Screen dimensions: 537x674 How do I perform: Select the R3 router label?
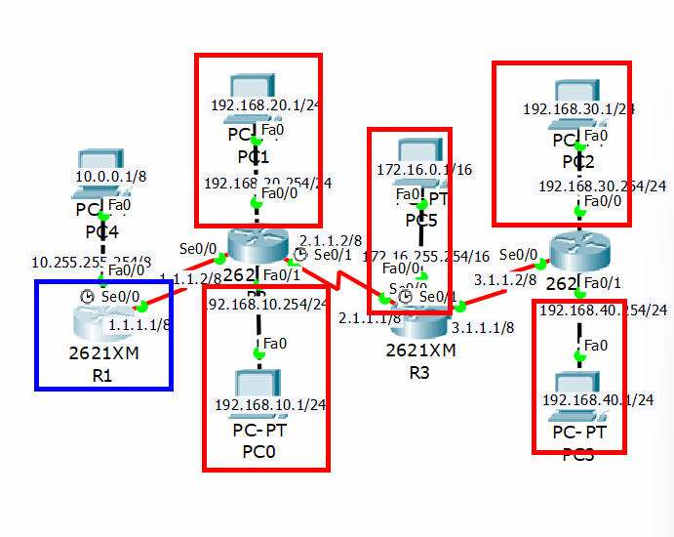(x=419, y=372)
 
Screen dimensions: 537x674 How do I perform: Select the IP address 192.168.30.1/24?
(x=578, y=109)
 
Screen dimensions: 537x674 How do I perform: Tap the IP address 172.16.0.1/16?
(x=423, y=169)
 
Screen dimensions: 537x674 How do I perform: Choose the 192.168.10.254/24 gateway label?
(x=264, y=304)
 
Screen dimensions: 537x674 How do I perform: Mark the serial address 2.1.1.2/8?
(x=331, y=239)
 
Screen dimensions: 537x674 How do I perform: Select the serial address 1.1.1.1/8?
(x=139, y=324)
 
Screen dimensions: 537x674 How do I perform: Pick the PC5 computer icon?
(x=416, y=150)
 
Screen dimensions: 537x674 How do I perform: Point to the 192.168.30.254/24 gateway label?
(x=602, y=186)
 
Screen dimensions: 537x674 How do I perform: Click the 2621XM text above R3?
(x=419, y=350)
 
